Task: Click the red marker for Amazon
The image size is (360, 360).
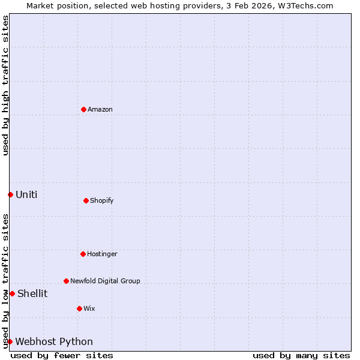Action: point(83,109)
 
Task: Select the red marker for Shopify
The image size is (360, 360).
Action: point(86,200)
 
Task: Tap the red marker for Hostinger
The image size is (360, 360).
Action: point(83,254)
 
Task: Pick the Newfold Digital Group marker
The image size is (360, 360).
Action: point(66,281)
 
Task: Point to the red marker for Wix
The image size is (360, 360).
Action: point(79,308)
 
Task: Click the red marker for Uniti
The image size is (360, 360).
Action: point(10,194)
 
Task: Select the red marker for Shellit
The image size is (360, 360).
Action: point(12,293)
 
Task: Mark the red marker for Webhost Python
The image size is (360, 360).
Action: point(10,341)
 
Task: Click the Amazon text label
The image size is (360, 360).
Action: point(100,109)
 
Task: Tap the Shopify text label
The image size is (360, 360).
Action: point(102,200)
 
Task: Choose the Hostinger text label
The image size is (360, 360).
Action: point(102,254)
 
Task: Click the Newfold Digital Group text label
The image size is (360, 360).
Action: point(105,281)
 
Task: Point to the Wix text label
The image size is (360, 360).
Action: point(89,308)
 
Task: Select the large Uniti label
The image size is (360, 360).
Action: point(26,194)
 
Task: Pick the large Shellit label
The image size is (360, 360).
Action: point(32,293)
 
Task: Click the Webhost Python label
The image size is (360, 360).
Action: point(54,341)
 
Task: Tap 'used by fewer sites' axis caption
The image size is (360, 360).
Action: point(62,355)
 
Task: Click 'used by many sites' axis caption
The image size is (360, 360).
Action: point(301,355)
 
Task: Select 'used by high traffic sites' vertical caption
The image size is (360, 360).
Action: point(5,85)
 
